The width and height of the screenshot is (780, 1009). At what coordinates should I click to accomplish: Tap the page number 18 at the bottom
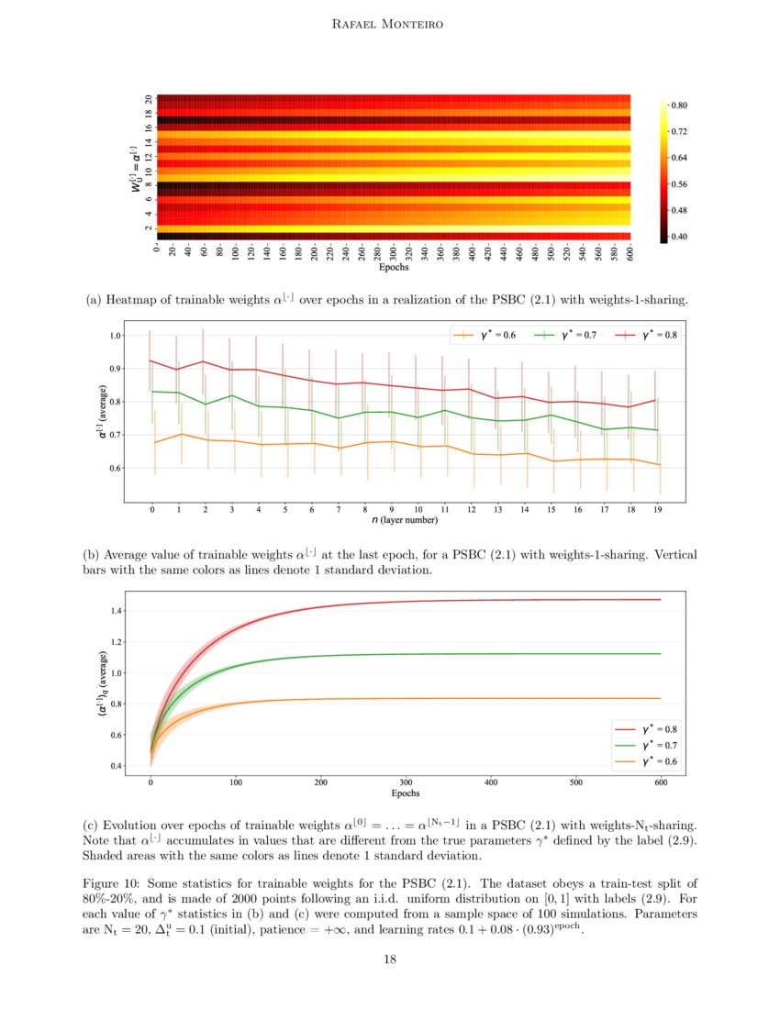coord(390,959)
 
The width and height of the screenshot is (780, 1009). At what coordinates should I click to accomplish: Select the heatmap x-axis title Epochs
coord(394,269)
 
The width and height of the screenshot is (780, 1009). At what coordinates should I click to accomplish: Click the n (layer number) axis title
coord(405,520)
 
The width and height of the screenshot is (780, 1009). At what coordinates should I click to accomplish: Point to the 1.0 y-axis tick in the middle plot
coord(116,336)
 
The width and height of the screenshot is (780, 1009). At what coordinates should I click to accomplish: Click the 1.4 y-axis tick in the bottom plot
coord(116,610)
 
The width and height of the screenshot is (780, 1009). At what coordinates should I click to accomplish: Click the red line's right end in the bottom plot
coord(660,600)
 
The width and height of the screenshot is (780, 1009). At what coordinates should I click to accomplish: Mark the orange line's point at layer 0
coord(153,442)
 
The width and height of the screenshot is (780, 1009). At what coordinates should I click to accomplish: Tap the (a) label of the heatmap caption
coord(93,300)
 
